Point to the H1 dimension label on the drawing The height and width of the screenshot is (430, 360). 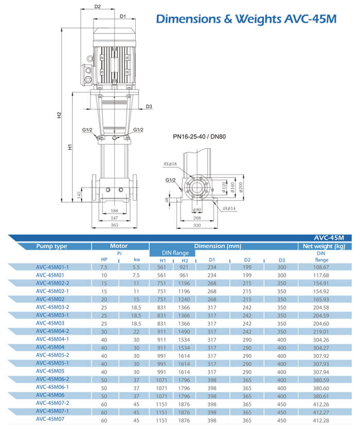[70, 147]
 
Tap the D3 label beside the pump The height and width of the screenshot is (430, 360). [149, 106]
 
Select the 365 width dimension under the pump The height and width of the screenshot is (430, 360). [114, 225]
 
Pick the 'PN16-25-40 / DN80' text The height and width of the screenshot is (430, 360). [200, 137]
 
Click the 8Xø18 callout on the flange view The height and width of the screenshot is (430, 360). [170, 164]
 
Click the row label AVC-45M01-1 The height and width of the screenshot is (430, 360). [52, 267]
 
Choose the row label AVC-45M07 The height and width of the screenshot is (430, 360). [50, 419]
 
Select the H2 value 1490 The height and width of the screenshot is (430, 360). [185, 332]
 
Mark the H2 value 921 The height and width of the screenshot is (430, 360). [185, 267]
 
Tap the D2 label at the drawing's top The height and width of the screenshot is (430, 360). [98, 7]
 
